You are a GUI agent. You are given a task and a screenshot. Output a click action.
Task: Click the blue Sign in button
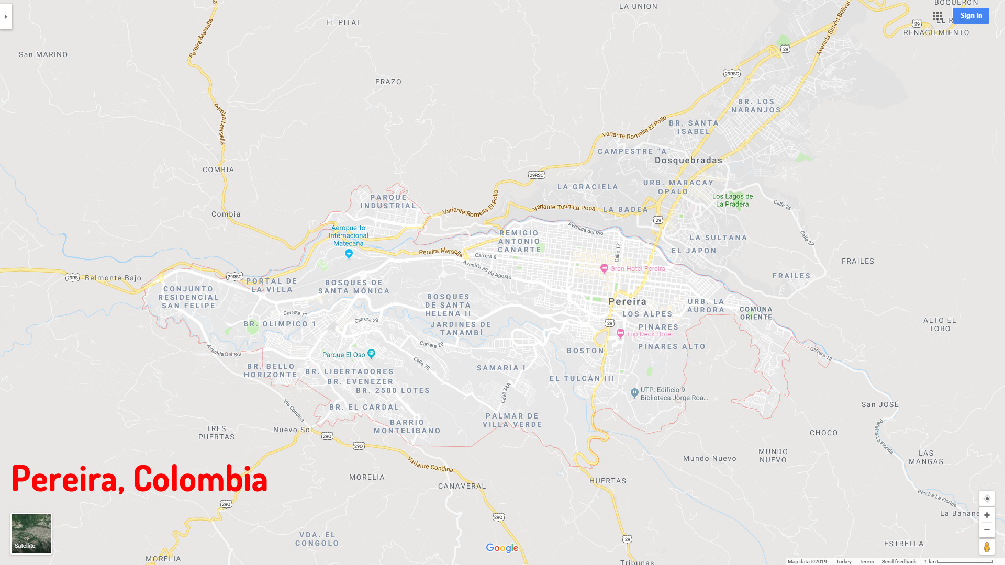click(x=971, y=16)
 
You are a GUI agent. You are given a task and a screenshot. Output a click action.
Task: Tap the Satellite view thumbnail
click(x=31, y=534)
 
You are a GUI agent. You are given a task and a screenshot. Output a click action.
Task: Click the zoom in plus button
click(x=987, y=515)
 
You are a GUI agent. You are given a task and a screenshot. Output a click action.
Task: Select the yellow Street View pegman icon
click(x=987, y=547)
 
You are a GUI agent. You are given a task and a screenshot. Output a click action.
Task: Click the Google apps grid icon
click(x=937, y=16)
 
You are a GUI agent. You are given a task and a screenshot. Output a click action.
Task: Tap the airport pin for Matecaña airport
click(x=349, y=254)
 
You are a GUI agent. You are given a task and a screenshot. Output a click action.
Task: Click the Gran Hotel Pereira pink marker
click(x=604, y=268)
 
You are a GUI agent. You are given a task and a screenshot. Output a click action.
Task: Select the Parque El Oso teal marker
click(x=371, y=354)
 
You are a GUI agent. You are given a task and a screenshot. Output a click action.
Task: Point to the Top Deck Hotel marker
click(x=620, y=333)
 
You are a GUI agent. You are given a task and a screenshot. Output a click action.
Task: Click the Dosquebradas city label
click(x=688, y=161)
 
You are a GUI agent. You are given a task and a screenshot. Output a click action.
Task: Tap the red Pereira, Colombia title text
click(x=139, y=478)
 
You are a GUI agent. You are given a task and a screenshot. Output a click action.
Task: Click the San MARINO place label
click(x=43, y=54)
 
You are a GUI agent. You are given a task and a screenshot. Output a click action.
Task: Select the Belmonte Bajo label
click(x=113, y=278)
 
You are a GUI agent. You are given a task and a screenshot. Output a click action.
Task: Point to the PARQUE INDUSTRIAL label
click(x=388, y=201)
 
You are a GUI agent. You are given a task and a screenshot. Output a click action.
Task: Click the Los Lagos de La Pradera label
click(x=732, y=200)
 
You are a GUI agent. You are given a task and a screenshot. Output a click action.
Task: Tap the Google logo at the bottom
click(x=502, y=548)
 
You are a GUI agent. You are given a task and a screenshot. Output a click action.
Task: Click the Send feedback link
click(x=899, y=561)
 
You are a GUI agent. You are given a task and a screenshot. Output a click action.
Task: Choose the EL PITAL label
click(x=343, y=22)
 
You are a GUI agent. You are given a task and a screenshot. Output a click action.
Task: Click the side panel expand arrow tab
click(x=6, y=17)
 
